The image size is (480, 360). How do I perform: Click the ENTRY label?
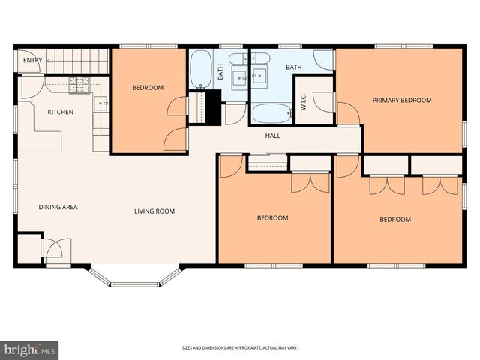[32, 61]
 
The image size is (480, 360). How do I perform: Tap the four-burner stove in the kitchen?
[79, 85]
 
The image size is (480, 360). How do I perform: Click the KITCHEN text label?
[61, 112]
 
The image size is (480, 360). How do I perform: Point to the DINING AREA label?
[58, 208]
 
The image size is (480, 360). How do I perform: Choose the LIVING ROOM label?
[154, 211]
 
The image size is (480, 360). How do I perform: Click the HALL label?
[273, 136]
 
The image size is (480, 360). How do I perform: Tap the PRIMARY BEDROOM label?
[402, 100]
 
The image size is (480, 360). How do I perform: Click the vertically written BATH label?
[220, 72]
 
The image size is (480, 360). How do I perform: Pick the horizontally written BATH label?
[293, 67]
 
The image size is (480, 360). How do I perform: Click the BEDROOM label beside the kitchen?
[148, 88]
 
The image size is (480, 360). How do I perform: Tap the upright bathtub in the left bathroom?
[200, 70]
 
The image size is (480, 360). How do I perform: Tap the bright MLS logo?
[30, 349]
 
